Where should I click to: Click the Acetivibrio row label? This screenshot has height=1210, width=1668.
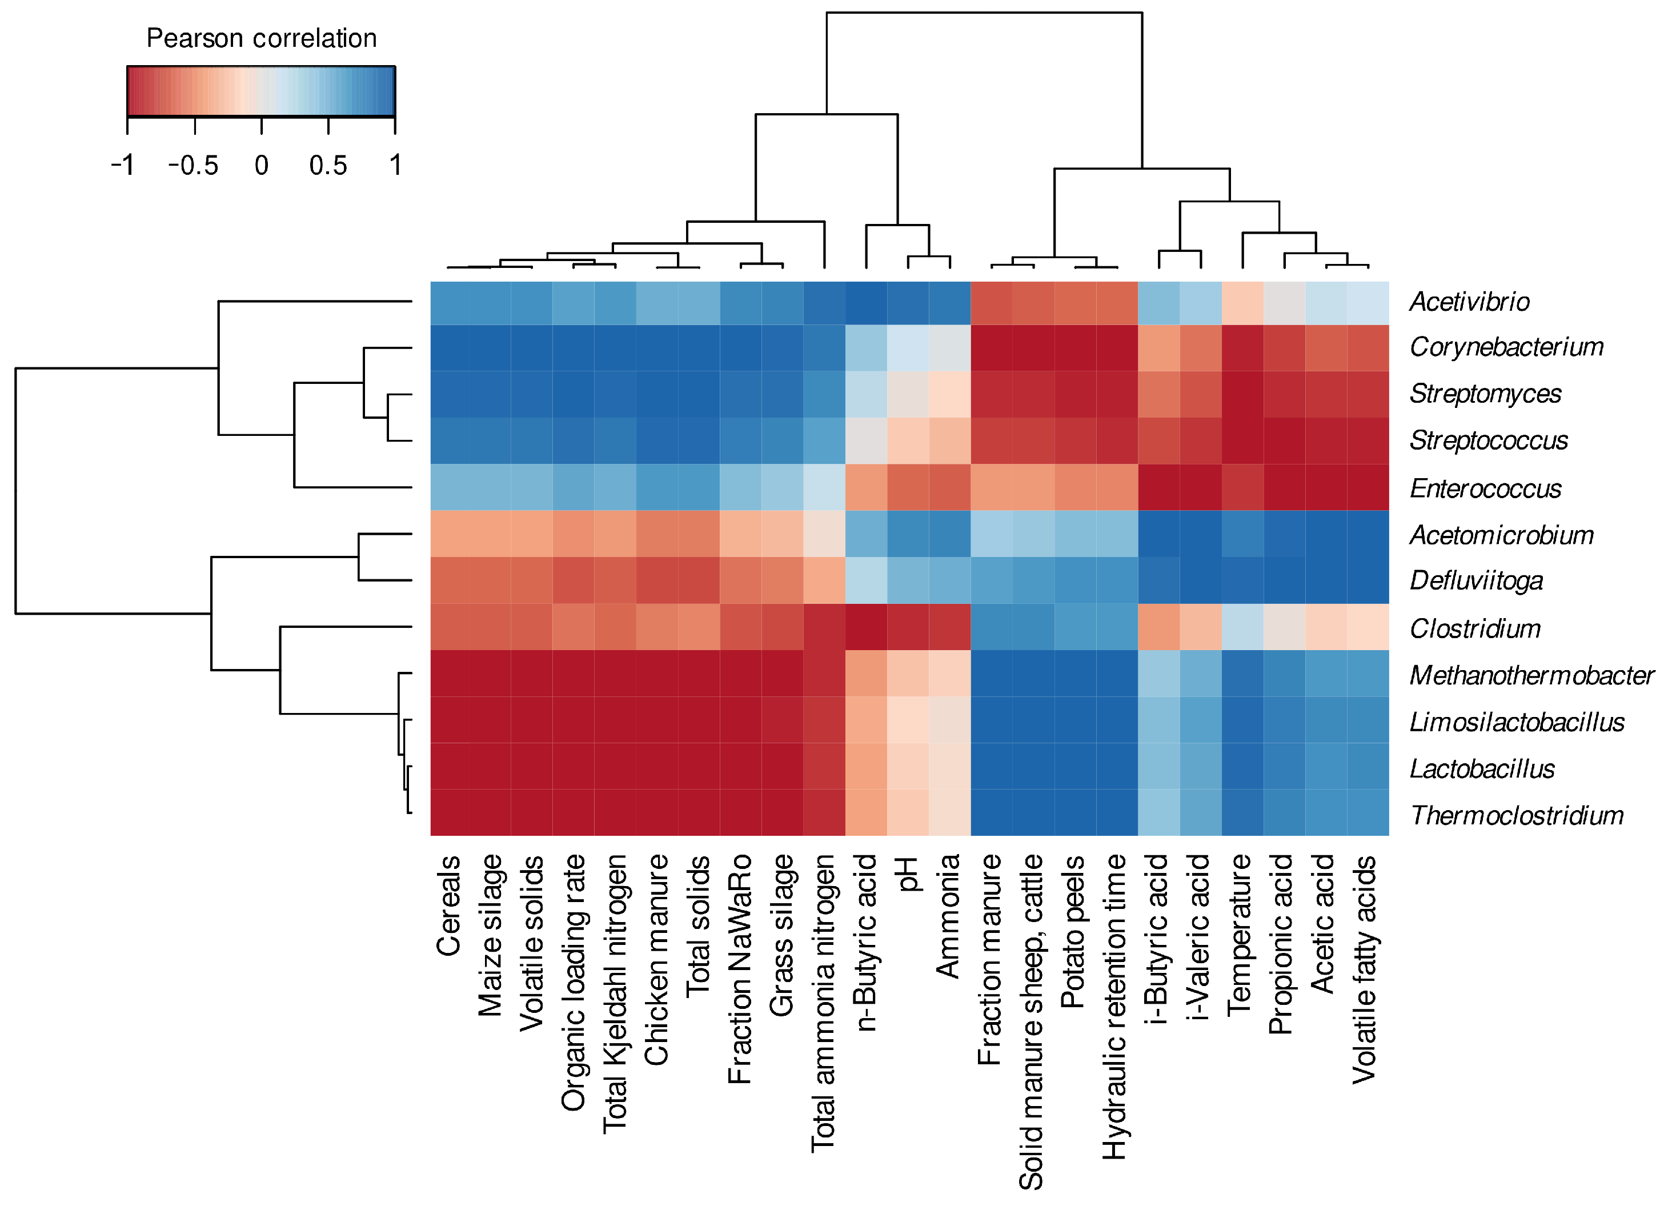click(x=1469, y=302)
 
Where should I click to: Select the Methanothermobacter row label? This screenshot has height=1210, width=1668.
click(x=1531, y=675)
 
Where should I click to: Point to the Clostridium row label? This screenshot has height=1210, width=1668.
click(x=1474, y=628)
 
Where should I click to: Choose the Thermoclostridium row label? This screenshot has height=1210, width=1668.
click(x=1517, y=815)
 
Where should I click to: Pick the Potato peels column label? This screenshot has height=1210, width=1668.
click(x=1072, y=931)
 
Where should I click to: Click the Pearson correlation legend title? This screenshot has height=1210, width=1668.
click(x=261, y=38)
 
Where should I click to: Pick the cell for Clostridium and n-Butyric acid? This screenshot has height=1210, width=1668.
click(x=867, y=627)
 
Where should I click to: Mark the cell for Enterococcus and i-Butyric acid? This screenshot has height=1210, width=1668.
click(x=1158, y=487)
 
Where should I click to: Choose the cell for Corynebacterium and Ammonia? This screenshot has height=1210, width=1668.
click(x=949, y=347)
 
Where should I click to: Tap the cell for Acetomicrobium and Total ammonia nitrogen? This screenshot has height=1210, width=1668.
click(x=824, y=533)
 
